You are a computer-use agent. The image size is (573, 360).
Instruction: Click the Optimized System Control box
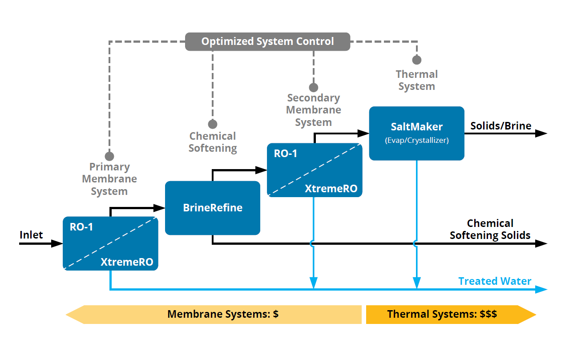click(x=267, y=42)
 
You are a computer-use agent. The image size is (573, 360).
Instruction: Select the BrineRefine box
click(x=213, y=208)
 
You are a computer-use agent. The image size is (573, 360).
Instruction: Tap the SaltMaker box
click(x=416, y=133)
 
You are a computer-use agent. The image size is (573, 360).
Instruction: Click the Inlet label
click(x=31, y=235)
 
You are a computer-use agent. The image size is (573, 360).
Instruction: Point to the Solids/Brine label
click(x=501, y=126)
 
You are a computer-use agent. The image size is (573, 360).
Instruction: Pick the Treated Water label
click(x=495, y=281)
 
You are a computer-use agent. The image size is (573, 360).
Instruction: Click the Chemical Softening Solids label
click(x=490, y=229)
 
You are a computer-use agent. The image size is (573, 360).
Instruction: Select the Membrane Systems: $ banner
click(x=222, y=314)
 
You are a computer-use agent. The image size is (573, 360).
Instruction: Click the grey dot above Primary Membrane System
click(x=109, y=156)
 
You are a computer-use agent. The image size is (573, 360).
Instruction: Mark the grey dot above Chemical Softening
click(x=213, y=124)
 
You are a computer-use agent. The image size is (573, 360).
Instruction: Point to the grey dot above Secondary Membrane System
click(x=314, y=87)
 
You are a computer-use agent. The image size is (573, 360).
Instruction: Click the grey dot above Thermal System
click(x=416, y=60)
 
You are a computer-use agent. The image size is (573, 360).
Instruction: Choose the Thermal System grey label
click(x=416, y=81)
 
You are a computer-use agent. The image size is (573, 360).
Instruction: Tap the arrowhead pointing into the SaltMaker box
click(x=363, y=133)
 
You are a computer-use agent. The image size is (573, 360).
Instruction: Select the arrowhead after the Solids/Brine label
click(x=541, y=133)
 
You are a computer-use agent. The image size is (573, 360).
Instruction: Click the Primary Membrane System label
click(x=109, y=179)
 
